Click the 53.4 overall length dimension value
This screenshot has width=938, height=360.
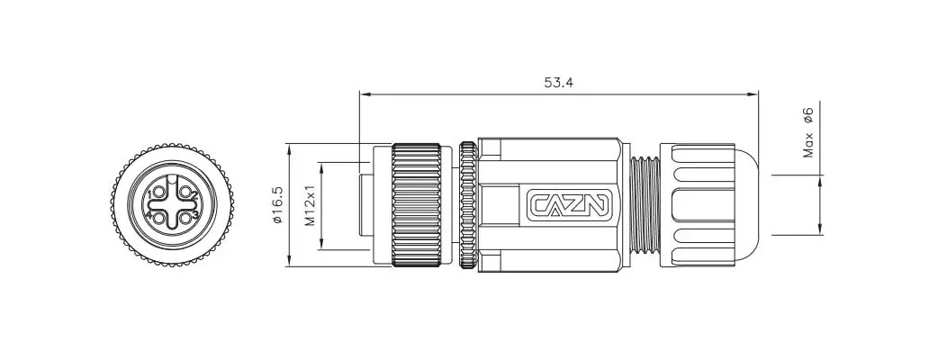[x=558, y=83]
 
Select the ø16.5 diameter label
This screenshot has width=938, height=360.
[x=277, y=205]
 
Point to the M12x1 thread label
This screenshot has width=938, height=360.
[x=310, y=205]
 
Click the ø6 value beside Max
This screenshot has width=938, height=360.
[x=808, y=115]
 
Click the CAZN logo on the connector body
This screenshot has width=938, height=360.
[x=569, y=204]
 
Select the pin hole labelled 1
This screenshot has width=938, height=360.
[x=159, y=193]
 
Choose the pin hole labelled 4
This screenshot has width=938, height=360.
[x=159, y=218]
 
